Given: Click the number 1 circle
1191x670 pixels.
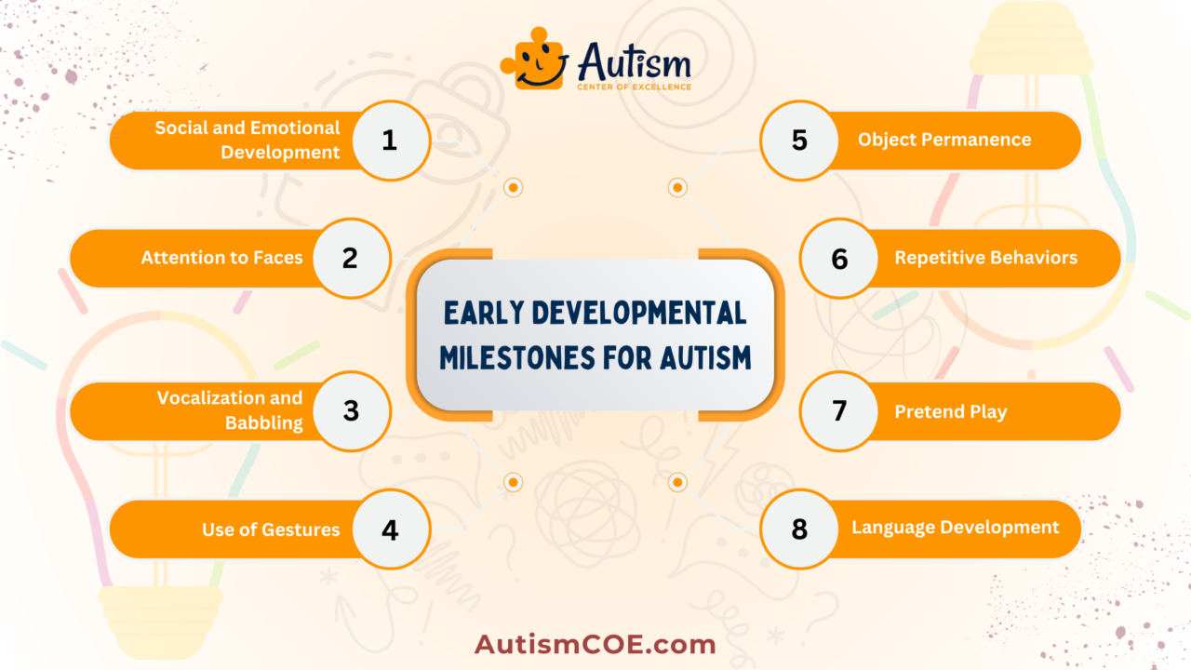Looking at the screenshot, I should (389, 141).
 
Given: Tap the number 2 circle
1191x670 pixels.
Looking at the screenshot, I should (350, 258).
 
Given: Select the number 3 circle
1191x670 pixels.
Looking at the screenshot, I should (350, 410).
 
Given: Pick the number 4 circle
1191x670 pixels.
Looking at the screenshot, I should (389, 529).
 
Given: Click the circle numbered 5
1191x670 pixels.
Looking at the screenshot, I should (799, 141).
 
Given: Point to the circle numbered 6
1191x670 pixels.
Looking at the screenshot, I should (839, 258).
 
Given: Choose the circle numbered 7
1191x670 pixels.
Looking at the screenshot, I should (839, 410).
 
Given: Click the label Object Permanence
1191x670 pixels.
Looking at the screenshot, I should (944, 140).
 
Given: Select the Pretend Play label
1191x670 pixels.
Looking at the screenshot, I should (951, 411).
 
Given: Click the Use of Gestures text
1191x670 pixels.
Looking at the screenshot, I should (271, 530).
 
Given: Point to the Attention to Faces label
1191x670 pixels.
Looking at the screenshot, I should (221, 258).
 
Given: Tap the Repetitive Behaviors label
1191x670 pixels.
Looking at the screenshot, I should (986, 258).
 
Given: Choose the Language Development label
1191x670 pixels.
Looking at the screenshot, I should (956, 528).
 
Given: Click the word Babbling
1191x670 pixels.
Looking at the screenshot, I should (264, 422).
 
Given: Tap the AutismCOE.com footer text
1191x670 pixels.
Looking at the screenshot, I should (595, 644).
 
